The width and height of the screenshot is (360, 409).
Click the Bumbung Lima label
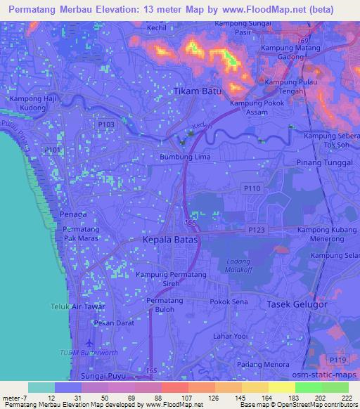click(x=181, y=157)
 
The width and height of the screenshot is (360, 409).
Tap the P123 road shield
click(x=256, y=230)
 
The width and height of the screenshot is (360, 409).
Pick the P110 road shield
click(x=252, y=188)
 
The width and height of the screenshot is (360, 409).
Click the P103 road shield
click(x=106, y=124)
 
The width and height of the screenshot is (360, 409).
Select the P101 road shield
click(x=51, y=150)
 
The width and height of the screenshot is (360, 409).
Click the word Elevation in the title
click(x=129, y=8)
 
